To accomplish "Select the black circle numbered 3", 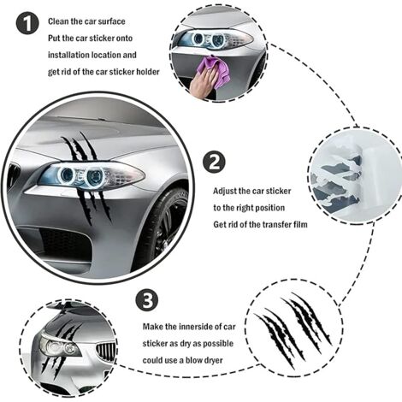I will (x=146, y=301).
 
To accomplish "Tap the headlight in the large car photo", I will (x=86, y=177).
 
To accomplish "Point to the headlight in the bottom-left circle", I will (x=57, y=347).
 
